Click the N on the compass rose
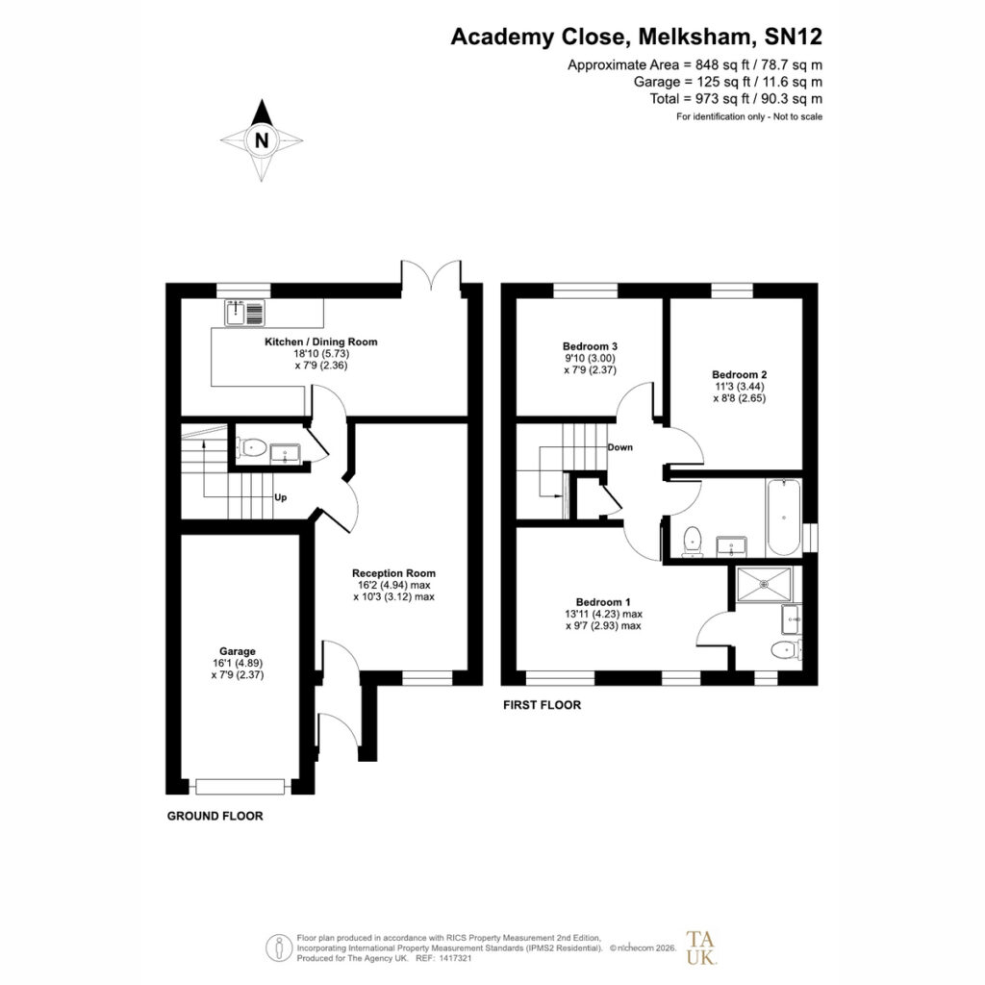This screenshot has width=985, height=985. click(x=262, y=140)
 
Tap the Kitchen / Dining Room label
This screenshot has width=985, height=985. click(x=321, y=341)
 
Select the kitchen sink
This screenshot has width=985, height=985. click(x=245, y=313)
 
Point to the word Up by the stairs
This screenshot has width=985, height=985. click(x=280, y=497)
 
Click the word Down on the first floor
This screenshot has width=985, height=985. click(x=620, y=447)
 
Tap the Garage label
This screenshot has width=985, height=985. click(x=238, y=651)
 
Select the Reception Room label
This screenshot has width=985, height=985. click(x=393, y=573)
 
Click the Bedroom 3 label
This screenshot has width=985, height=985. click(x=590, y=346)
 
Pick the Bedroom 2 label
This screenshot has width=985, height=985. click(x=740, y=375)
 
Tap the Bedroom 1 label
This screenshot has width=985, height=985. click(x=603, y=602)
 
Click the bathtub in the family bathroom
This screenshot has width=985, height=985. click(x=783, y=518)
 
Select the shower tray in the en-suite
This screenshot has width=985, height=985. click(x=765, y=584)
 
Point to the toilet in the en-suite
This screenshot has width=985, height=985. click(x=786, y=649)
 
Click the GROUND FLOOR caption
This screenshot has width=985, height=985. click(x=215, y=816)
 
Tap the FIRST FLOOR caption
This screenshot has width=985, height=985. click(x=543, y=705)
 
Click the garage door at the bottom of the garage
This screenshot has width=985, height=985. click(x=240, y=787)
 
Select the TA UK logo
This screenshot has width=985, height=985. click(x=700, y=947)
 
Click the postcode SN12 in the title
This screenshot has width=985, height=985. click(x=794, y=38)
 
